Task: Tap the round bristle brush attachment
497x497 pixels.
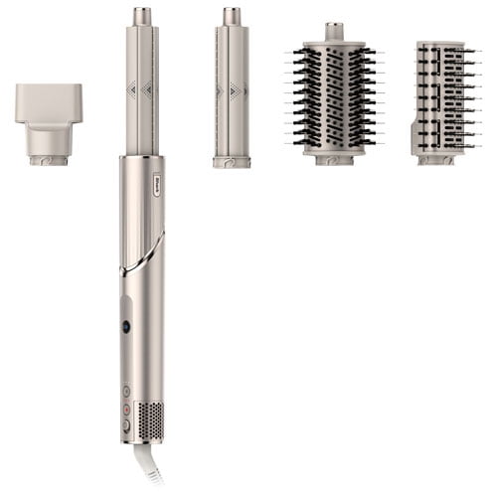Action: click(x=334, y=94)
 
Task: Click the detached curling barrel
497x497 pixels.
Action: click(x=232, y=94)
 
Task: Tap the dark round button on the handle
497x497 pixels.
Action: click(x=126, y=326)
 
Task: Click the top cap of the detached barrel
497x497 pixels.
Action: click(x=232, y=16)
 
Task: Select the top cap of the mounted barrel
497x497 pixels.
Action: click(x=142, y=16)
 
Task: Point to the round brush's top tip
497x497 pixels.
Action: click(x=334, y=31)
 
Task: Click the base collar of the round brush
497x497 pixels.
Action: click(x=334, y=158)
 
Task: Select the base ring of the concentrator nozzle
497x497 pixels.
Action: click(x=49, y=157)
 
